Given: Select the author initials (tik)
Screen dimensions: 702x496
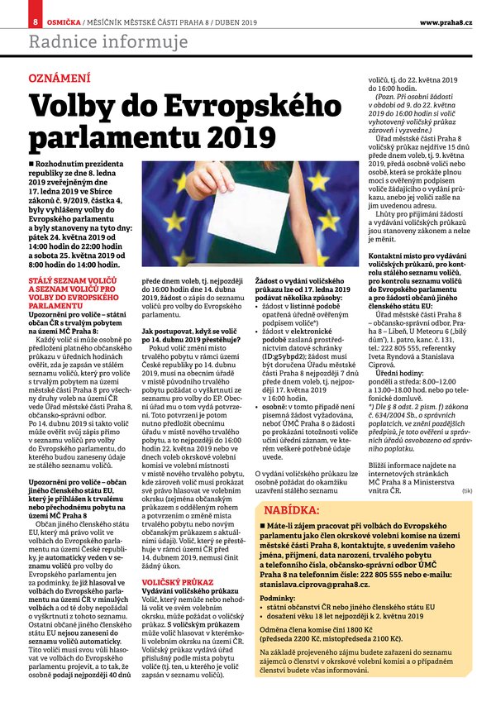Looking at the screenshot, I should [x=468, y=490].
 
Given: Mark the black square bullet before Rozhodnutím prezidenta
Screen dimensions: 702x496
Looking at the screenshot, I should [x=31, y=166].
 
